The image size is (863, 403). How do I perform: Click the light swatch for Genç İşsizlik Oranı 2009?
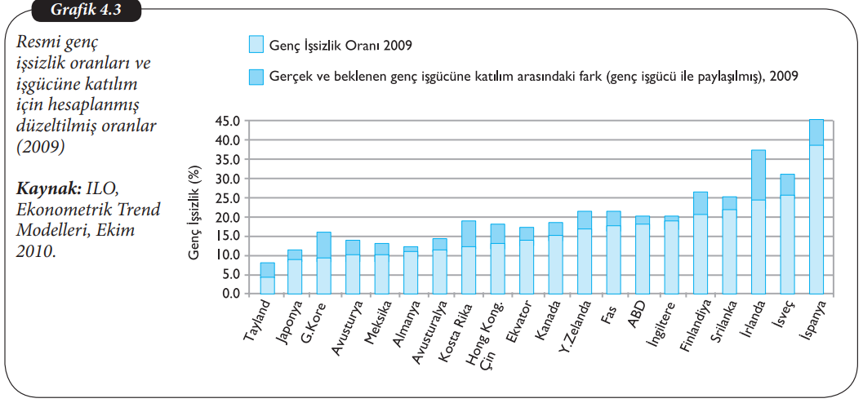256,44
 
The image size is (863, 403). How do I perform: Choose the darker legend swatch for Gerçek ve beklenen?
256,77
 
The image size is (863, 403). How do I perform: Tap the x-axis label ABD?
638,314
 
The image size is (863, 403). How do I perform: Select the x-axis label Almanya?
403,322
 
